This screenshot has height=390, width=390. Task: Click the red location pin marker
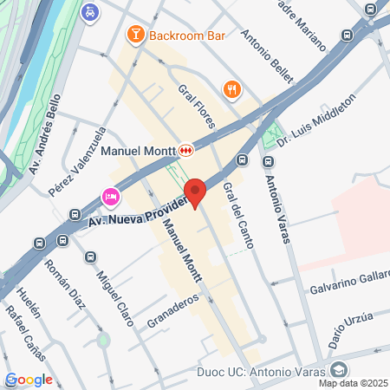(197, 192)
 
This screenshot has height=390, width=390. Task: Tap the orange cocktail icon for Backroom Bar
(135, 35)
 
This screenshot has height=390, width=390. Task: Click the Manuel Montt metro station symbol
(186, 150)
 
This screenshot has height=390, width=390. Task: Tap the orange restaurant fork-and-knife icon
(231, 88)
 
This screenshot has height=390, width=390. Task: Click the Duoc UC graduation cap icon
(339, 370)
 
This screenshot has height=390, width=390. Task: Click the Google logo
(29, 380)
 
